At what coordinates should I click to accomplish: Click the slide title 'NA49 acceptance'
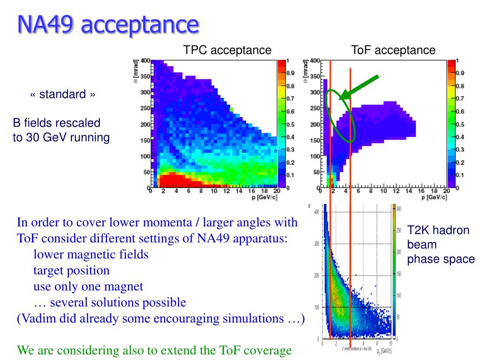coord(108,24)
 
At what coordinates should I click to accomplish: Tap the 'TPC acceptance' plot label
coord(227,50)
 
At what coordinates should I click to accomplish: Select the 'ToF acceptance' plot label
coord(393,50)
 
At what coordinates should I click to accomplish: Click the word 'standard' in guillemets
coord(62,94)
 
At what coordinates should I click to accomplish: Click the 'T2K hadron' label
coord(438,230)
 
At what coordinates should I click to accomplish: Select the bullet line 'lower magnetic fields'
coord(91,255)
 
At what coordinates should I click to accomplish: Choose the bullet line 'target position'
coord(71,270)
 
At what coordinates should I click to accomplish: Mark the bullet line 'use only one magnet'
coord(88,286)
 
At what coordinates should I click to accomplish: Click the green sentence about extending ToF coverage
coord(154,350)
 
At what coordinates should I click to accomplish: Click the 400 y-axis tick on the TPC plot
coord(145,61)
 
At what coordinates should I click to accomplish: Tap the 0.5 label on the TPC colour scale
coord(290,125)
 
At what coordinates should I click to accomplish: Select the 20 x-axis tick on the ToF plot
coord(446,191)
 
